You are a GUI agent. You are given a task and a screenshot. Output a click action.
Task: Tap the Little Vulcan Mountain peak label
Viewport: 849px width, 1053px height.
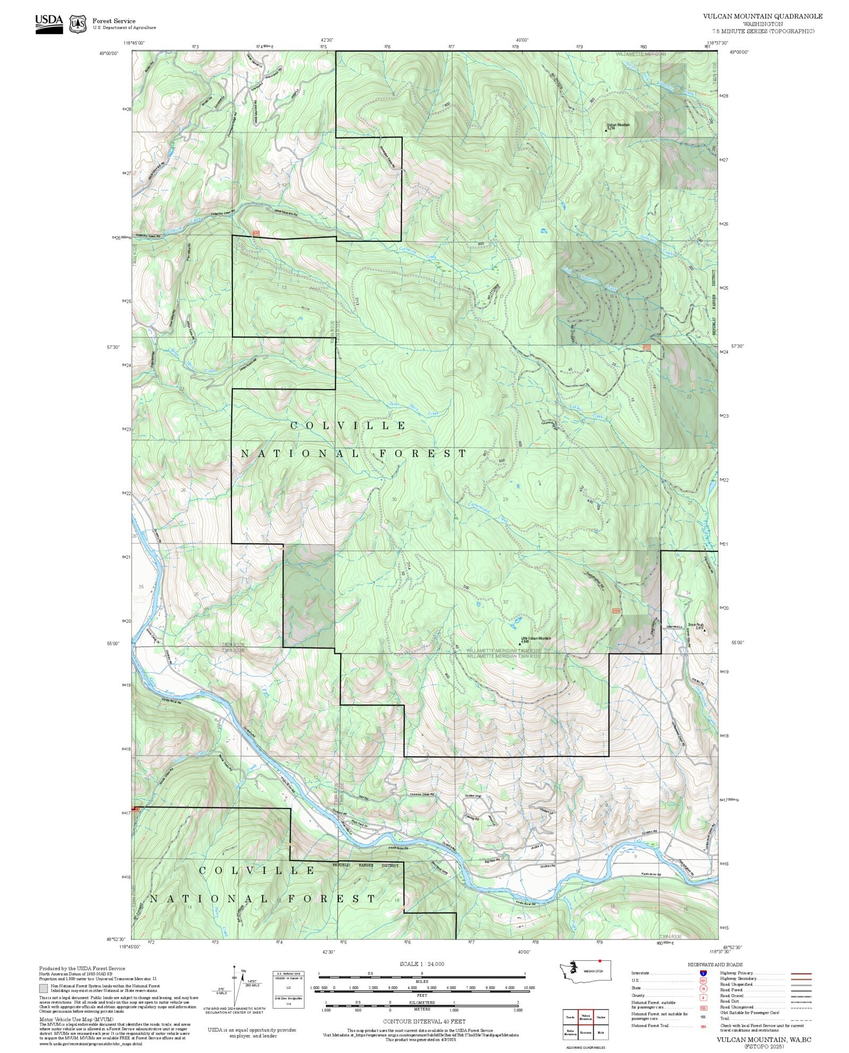coord(536,639)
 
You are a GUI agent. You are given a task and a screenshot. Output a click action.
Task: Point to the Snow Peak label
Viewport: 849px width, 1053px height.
coord(696,626)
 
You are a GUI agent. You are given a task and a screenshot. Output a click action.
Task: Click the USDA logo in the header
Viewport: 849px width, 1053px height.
coord(49,23)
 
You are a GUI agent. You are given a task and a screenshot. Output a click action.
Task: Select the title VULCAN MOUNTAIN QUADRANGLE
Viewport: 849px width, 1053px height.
coord(763,16)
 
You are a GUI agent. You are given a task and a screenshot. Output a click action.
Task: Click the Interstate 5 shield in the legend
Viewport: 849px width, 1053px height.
coord(704,973)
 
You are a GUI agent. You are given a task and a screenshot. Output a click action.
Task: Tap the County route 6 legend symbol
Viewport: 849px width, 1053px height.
coord(704,996)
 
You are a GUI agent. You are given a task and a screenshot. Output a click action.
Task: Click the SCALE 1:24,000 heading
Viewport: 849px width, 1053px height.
coord(422,964)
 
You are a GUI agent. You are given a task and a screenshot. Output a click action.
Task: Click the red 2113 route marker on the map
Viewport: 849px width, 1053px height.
coord(646,347)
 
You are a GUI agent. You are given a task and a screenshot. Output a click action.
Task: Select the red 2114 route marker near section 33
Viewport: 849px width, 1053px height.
coord(616,611)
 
